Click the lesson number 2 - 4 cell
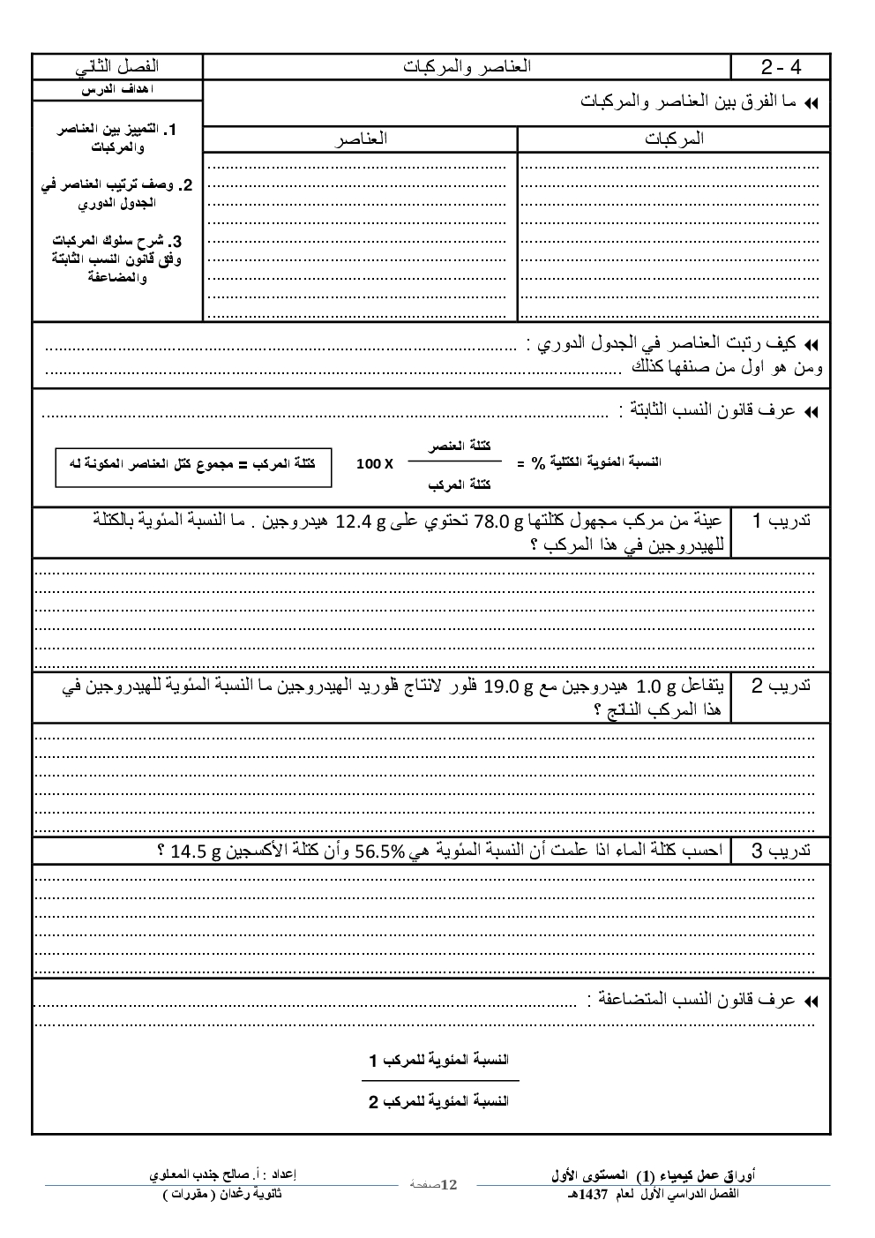(781, 67)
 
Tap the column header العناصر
(360, 139)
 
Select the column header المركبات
(674, 139)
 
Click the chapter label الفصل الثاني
(117, 67)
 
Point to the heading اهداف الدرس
(117, 91)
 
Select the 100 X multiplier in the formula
(375, 463)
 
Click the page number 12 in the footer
(448, 1183)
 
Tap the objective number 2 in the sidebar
(186, 185)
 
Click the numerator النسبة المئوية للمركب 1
(438, 1059)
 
